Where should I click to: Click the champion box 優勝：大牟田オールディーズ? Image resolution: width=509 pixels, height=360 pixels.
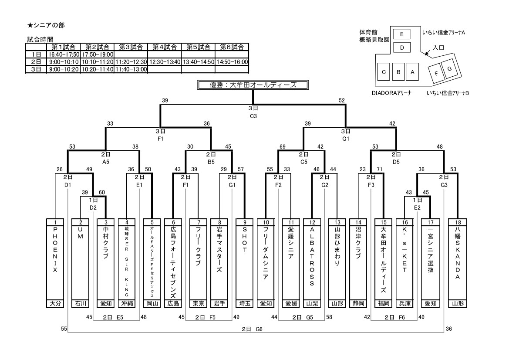pos(253,85)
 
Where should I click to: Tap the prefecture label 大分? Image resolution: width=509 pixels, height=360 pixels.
pos(55,303)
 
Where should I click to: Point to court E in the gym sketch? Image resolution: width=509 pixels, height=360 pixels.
pos(402,34)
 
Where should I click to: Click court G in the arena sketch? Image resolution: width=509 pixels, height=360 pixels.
pos(450,68)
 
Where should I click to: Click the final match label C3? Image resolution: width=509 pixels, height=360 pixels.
pos(253,116)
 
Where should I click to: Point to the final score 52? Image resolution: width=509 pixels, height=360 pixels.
pos(342,101)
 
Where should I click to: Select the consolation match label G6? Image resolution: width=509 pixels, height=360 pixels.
pos(260,329)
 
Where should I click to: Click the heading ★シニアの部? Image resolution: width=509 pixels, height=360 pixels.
pos(46,26)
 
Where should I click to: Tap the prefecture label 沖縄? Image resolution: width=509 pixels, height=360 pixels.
pos(127,303)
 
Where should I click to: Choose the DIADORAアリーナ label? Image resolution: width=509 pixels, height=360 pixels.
pos(392,93)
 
